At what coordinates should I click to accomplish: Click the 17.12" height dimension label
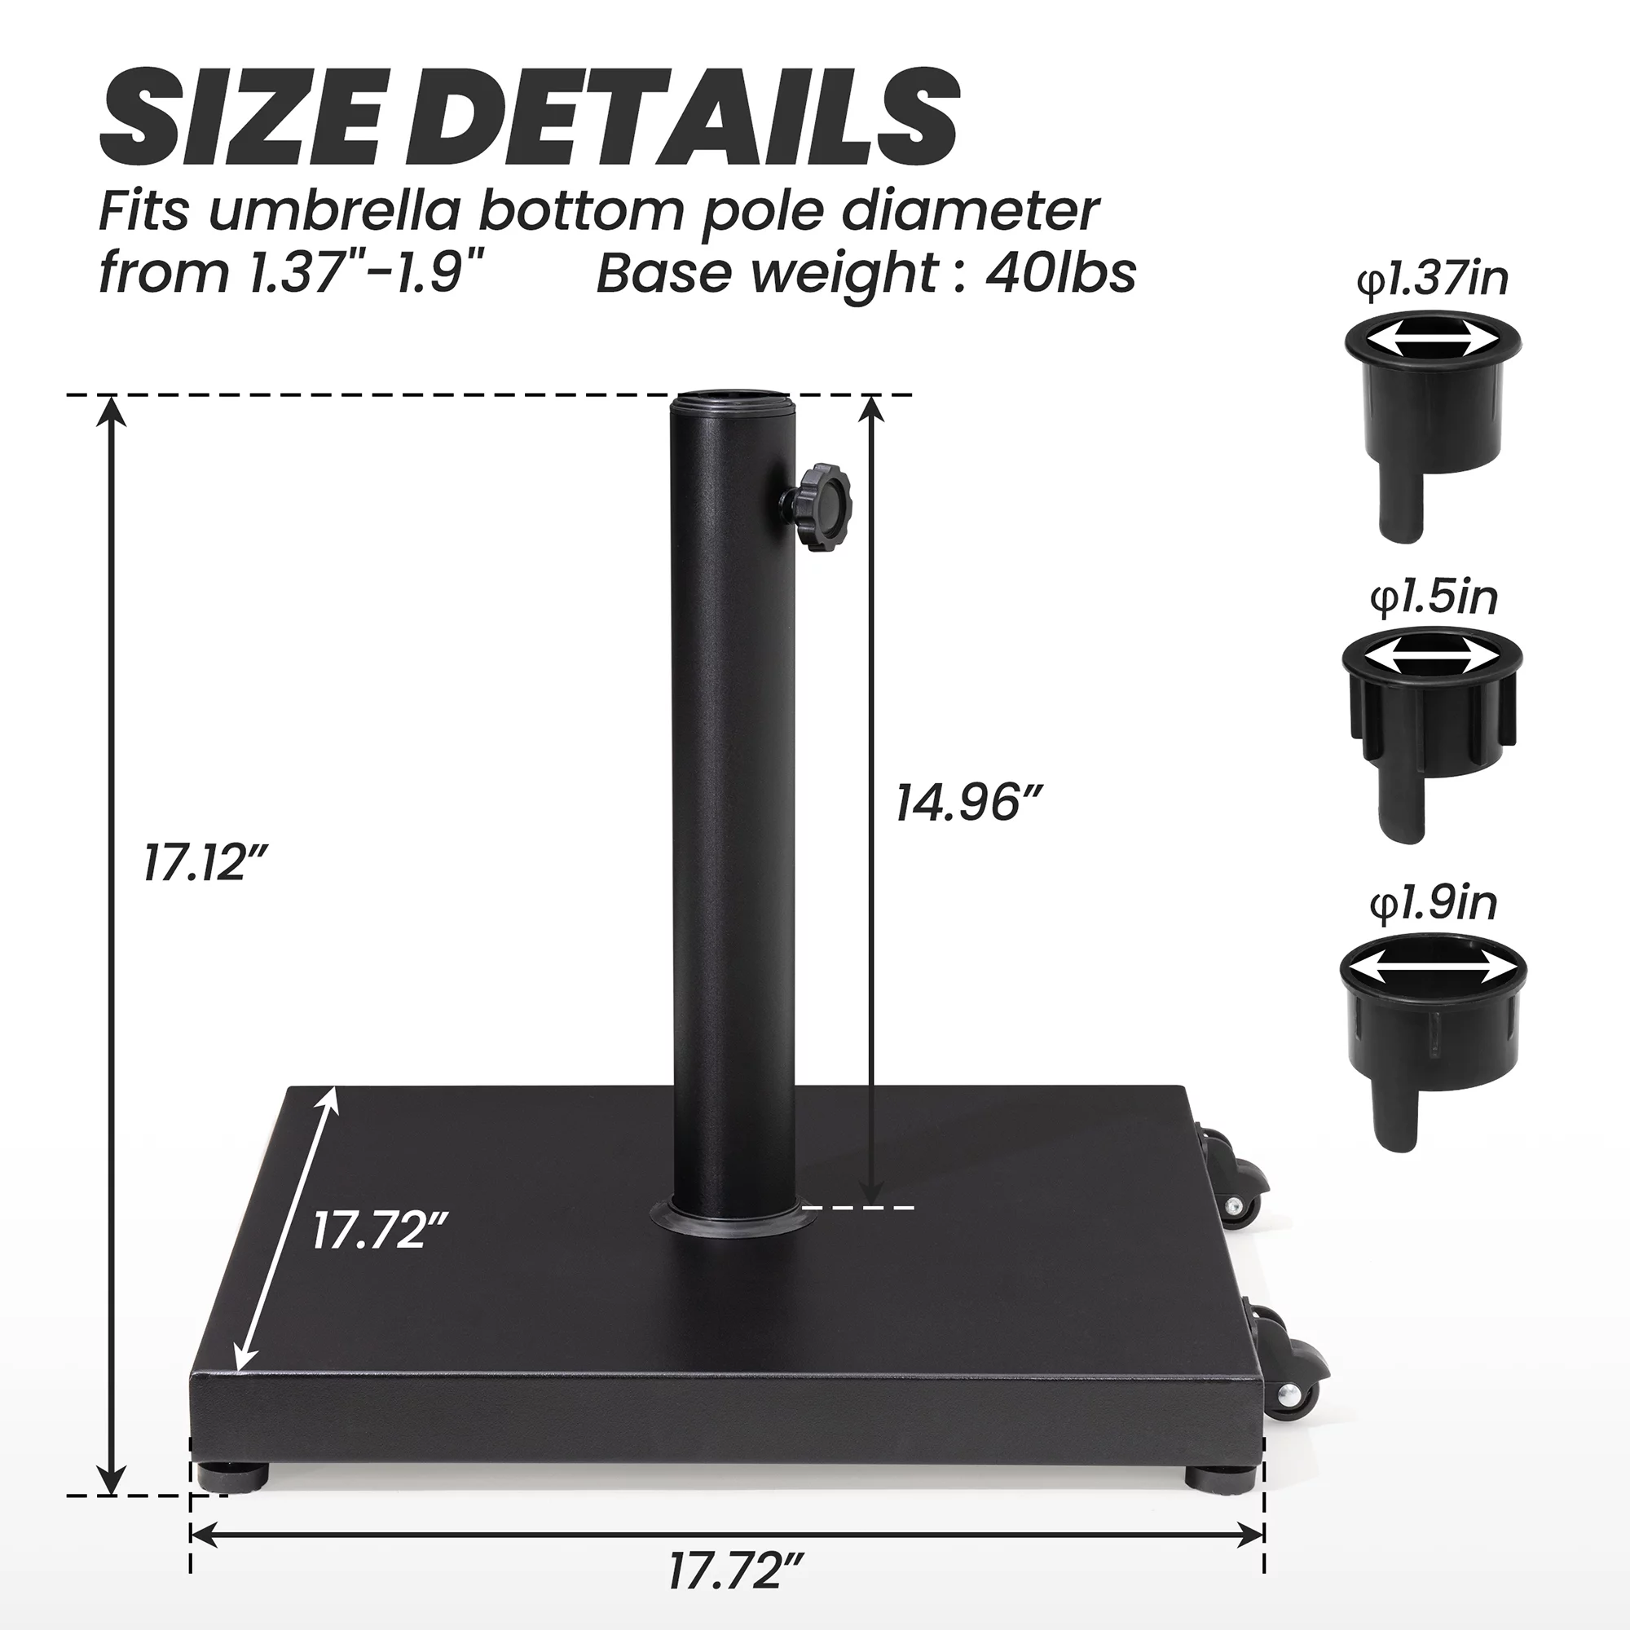tap(205, 864)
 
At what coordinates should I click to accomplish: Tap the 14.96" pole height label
tap(968, 802)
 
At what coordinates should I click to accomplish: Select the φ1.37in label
tap(1432, 280)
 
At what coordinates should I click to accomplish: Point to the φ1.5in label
tap(1434, 597)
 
